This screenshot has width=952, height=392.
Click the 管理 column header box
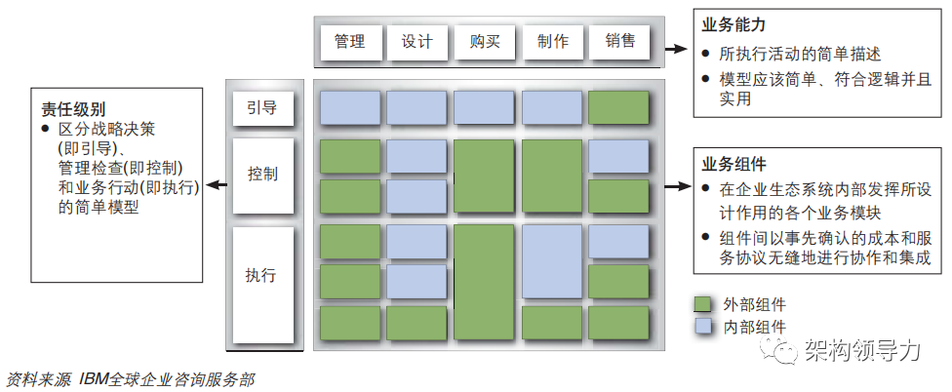[349, 42]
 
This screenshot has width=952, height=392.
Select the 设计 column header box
[416, 42]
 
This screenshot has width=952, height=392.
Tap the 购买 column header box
[485, 42]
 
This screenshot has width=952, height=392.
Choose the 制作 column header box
[552, 42]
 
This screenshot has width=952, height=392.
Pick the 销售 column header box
[619, 42]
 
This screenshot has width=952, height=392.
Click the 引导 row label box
[262, 108]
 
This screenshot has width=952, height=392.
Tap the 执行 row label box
[262, 275]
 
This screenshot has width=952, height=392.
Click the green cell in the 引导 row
[618, 107]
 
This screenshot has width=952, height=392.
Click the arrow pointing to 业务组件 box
[672, 186]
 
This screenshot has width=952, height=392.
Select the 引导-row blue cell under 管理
[350, 107]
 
